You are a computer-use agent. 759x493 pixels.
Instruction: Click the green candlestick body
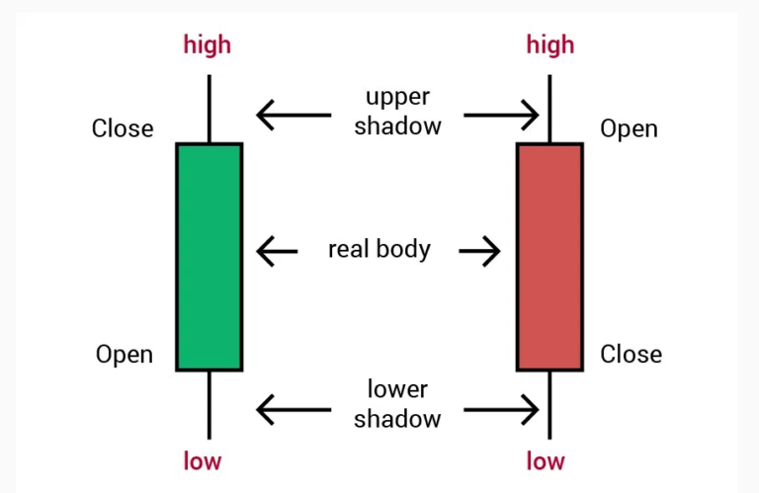coord(210,257)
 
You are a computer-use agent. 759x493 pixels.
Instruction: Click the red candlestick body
coord(549,257)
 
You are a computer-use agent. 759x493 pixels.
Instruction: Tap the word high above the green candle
coord(208,45)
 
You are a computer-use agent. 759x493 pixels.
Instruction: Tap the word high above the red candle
coord(550,45)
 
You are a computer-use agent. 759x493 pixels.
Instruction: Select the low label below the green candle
coord(203,460)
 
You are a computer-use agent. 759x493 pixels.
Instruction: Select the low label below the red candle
coord(546,460)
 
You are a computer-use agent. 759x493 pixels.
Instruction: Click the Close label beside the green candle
coord(123,128)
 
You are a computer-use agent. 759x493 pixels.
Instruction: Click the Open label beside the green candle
coord(125,355)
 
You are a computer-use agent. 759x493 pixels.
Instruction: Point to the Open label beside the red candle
coord(629,129)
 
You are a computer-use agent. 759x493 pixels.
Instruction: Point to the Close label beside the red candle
coord(632,354)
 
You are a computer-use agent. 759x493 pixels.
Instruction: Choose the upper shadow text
coord(397,113)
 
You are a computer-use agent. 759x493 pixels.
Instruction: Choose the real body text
coord(379,250)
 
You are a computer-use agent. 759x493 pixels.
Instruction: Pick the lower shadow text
coord(397,404)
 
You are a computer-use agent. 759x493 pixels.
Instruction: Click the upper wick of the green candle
coord(210,109)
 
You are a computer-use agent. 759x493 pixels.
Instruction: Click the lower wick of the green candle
coord(210,405)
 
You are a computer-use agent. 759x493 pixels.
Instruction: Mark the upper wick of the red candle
coord(549,109)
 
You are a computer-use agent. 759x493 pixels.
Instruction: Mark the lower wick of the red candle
coord(549,405)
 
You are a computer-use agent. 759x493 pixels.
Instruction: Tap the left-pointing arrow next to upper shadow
coord(294,116)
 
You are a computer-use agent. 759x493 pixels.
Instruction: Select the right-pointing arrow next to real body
coord(479,251)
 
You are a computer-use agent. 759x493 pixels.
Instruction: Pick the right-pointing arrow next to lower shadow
coord(501,410)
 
